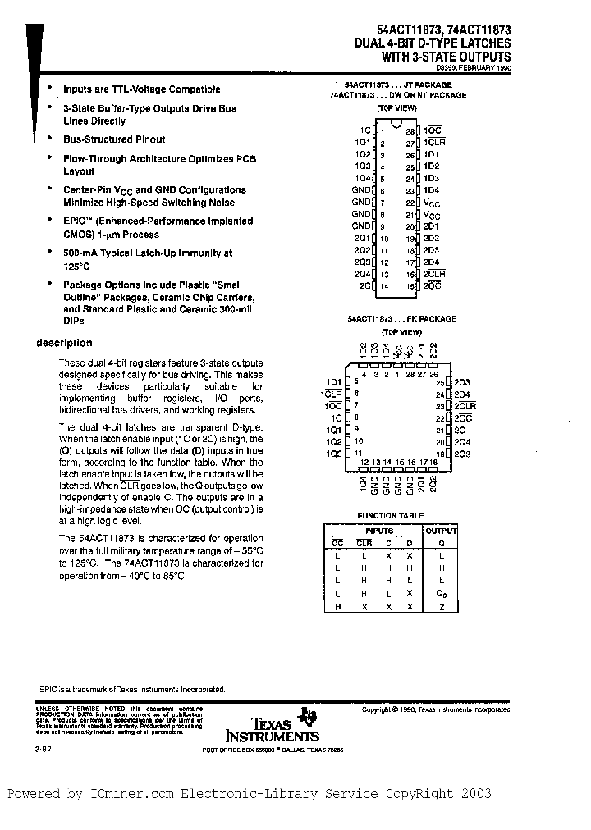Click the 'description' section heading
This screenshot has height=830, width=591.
pyautogui.click(x=65, y=343)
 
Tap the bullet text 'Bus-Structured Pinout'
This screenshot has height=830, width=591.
pyautogui.click(x=114, y=139)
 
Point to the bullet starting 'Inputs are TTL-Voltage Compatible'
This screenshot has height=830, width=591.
pyautogui.click(x=141, y=89)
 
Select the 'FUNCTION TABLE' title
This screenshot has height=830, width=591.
pyautogui.click(x=390, y=516)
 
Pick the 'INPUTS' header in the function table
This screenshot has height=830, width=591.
pyautogui.click(x=379, y=531)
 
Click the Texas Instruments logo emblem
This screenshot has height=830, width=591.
pyautogui.click(x=309, y=717)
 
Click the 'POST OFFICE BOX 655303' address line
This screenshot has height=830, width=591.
pyautogui.click(x=238, y=750)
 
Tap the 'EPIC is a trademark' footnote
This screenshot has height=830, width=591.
pyautogui.click(x=131, y=690)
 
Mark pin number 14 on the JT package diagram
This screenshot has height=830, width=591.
pyautogui.click(x=383, y=285)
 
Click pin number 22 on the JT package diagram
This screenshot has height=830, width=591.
pyautogui.click(x=410, y=202)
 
